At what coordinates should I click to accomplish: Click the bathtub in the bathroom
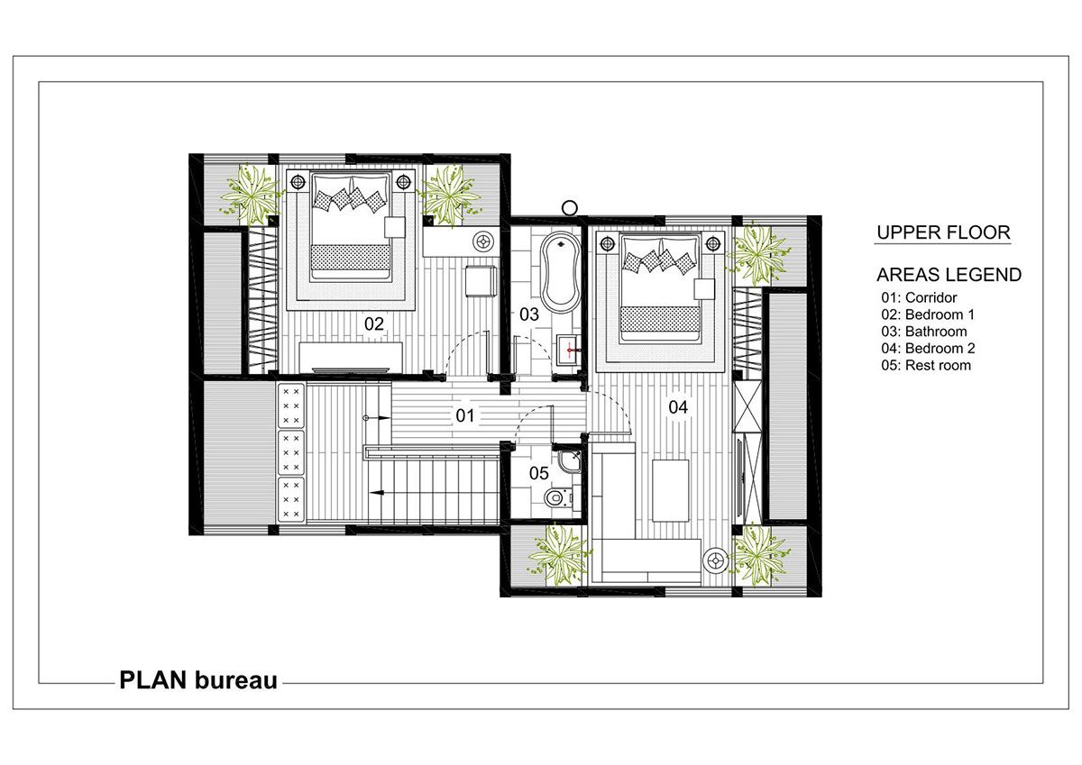560,273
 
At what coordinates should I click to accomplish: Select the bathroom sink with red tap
570,350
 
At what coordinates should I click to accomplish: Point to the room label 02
374,323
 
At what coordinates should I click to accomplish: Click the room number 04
678,407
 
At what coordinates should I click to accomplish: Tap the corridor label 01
464,415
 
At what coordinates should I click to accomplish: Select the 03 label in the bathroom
529,314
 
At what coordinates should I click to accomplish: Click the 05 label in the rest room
538,473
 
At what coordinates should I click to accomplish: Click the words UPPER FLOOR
943,232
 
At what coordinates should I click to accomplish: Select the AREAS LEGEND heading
949,275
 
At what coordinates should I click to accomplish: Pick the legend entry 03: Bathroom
923,332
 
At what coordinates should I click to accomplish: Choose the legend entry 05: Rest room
925,365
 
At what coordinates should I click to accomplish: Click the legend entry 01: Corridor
919,297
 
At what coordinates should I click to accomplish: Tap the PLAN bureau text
198,680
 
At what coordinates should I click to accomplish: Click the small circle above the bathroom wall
570,208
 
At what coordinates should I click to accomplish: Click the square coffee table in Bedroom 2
671,490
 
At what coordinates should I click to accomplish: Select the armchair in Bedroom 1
481,280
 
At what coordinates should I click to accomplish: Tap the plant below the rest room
558,556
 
